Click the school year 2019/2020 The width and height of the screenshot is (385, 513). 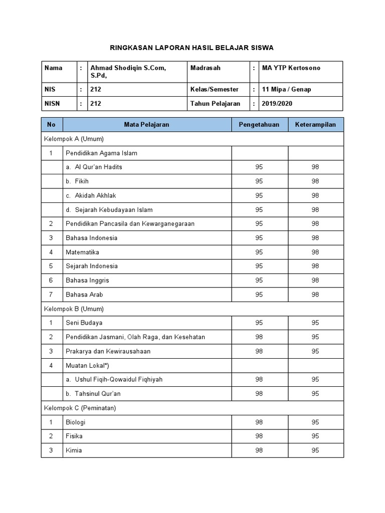277,104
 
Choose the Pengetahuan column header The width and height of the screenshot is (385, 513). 259,124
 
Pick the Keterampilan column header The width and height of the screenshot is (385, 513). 315,124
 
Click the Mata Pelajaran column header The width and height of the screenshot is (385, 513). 146,124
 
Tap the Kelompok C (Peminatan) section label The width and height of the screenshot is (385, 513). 80,408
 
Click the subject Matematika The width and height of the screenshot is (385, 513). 82,252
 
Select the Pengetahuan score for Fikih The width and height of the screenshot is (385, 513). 259,181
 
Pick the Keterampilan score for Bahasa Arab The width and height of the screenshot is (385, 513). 315,295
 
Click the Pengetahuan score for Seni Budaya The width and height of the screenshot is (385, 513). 259,323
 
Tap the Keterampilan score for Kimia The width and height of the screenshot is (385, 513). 315,450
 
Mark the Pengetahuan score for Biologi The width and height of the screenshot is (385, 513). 259,422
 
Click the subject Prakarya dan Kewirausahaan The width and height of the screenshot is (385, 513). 108,351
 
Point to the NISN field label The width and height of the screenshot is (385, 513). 53,104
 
